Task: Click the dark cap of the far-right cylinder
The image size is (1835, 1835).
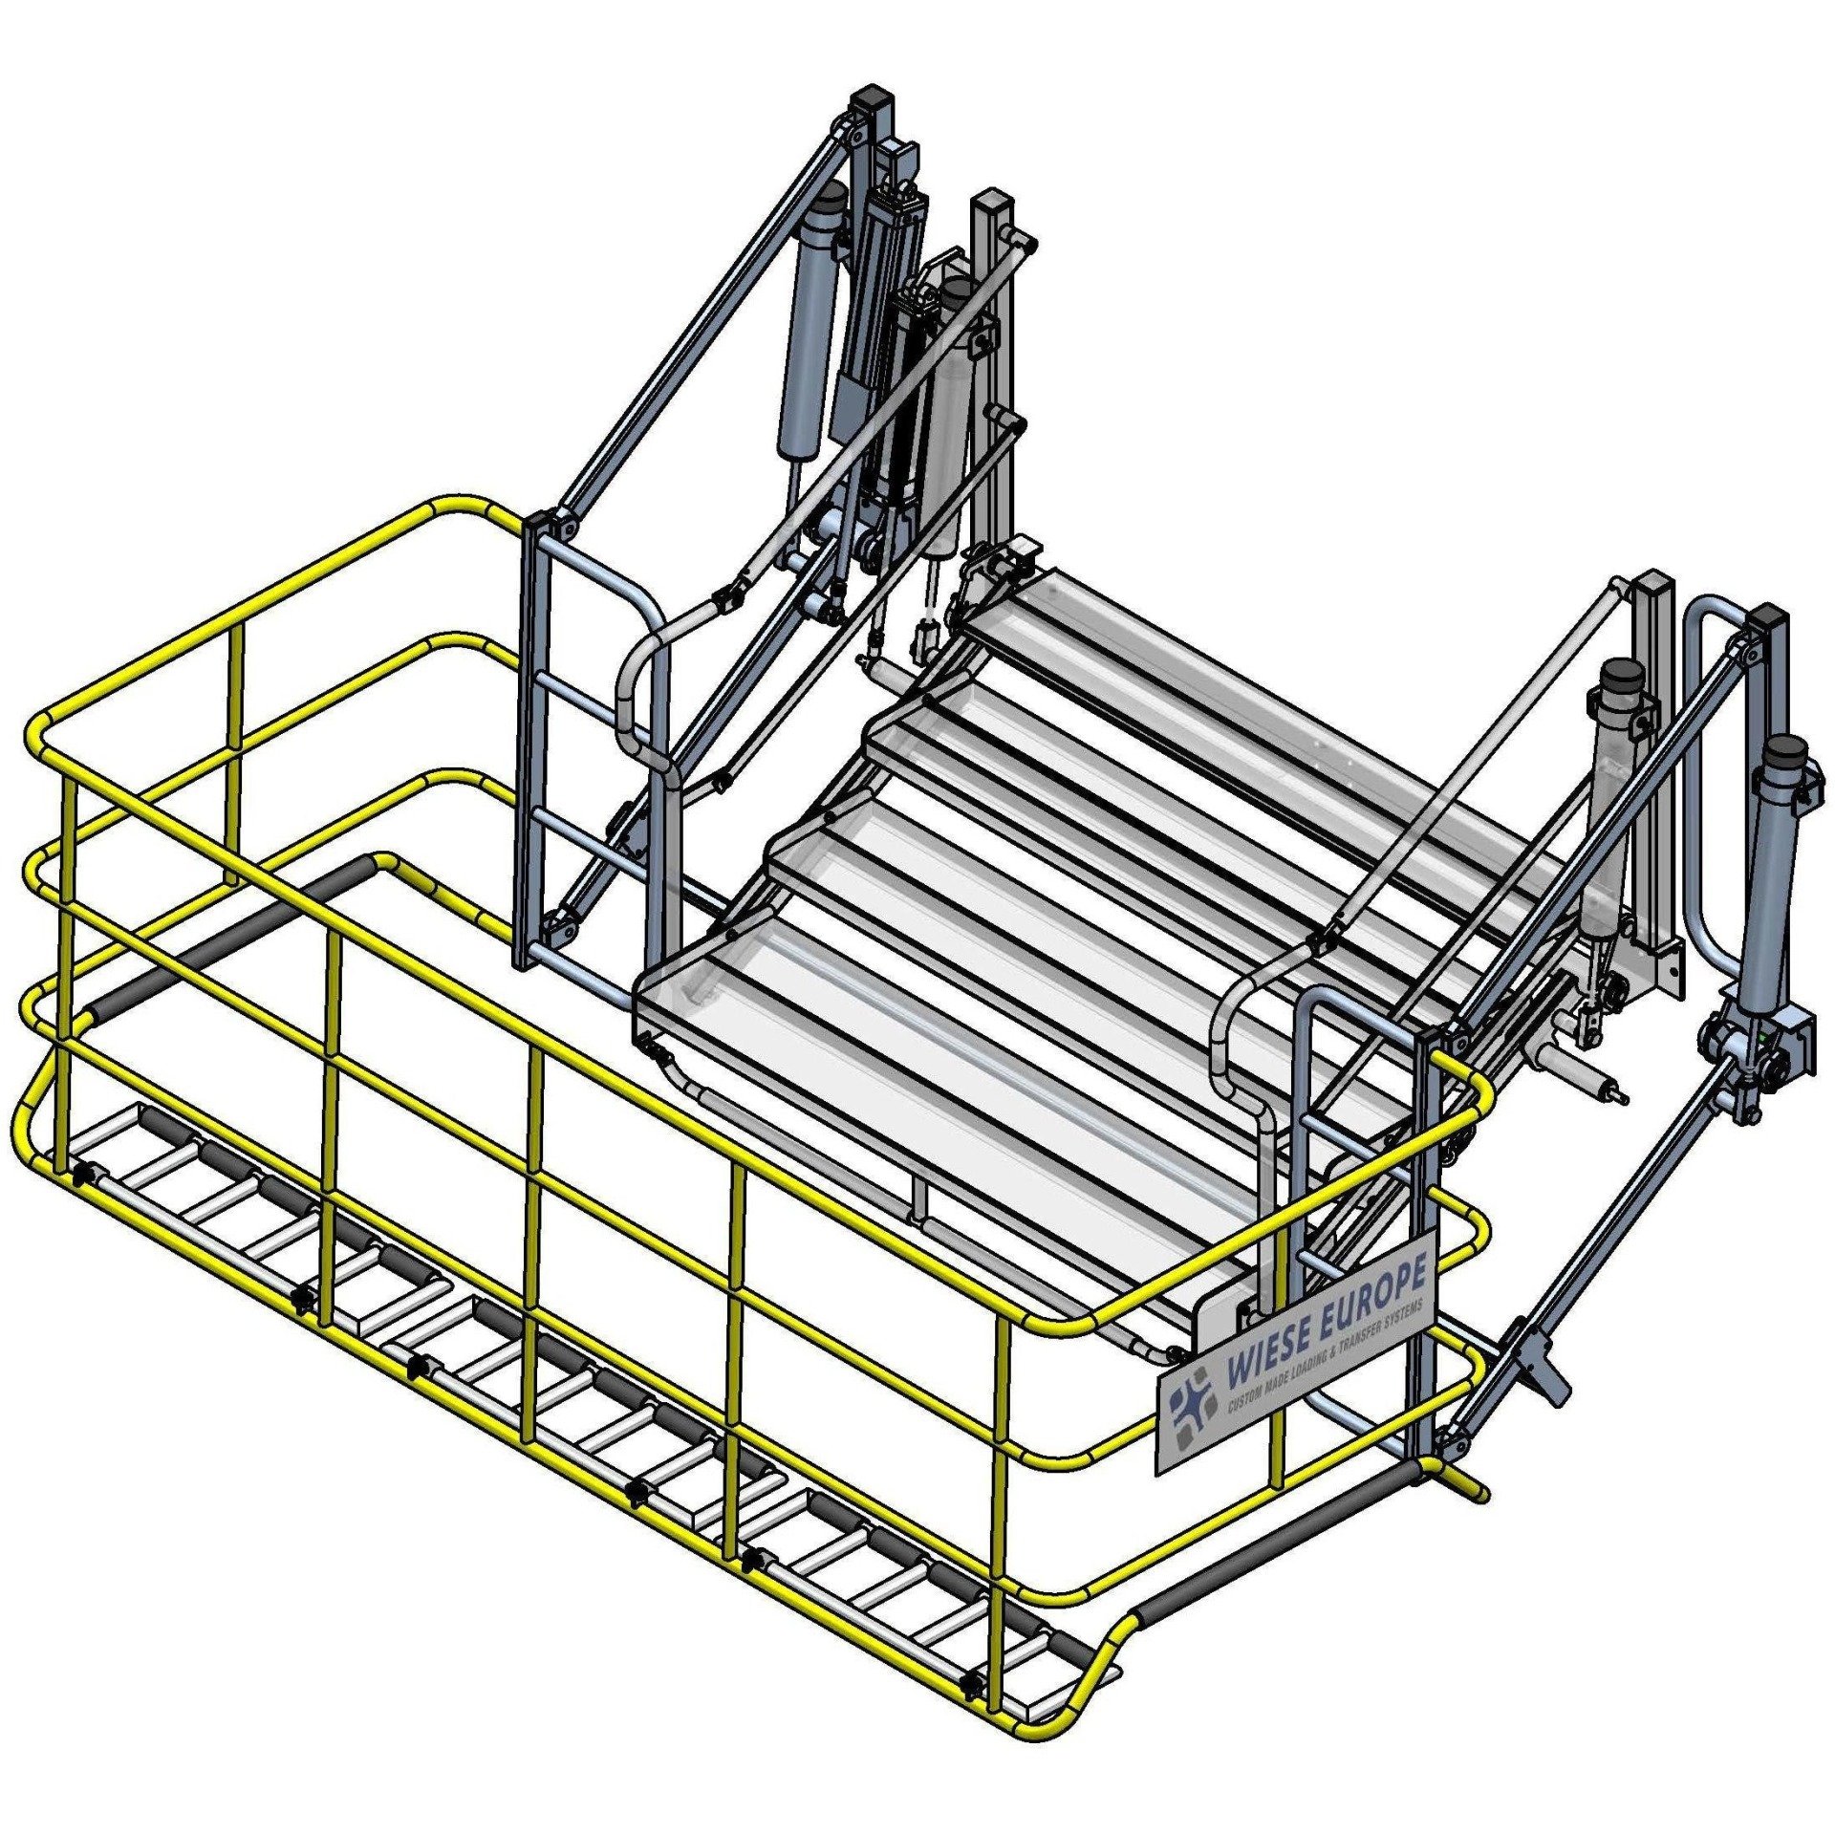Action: (x=1781, y=752)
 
